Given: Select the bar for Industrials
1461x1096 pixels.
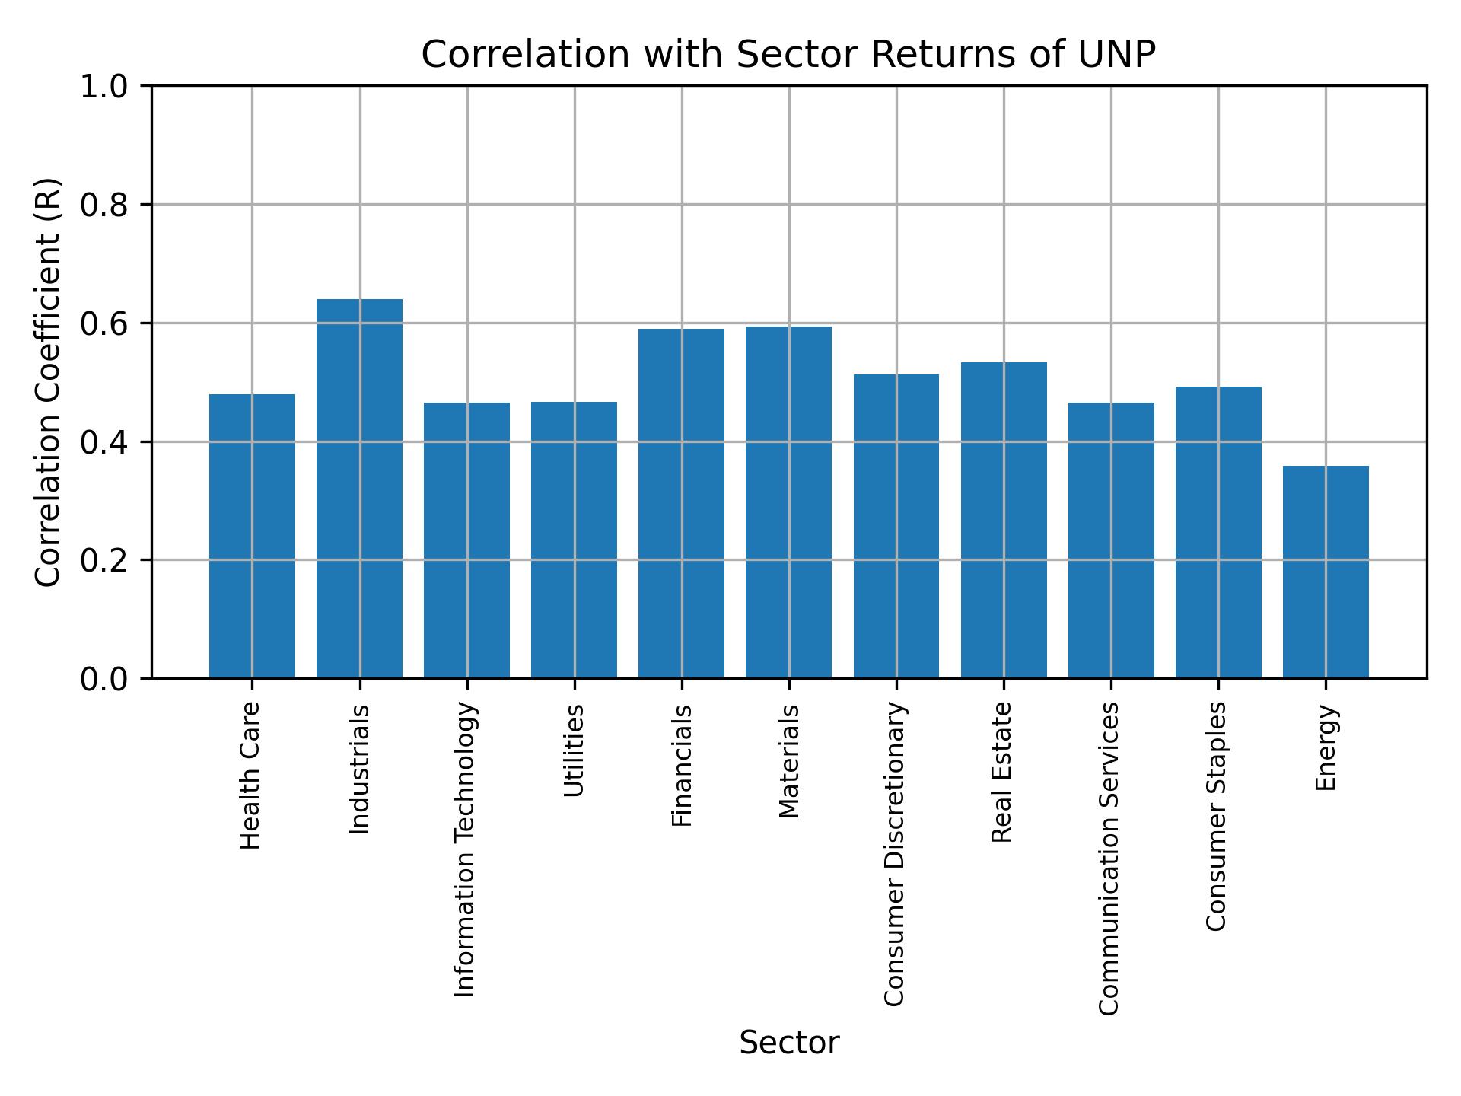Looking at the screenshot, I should (x=359, y=488).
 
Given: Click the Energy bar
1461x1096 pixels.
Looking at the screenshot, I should (x=1326, y=571).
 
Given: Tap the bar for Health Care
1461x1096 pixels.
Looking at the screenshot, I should (x=252, y=536).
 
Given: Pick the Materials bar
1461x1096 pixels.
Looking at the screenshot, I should (x=788, y=502).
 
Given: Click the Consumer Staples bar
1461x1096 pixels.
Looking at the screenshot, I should (x=1218, y=532).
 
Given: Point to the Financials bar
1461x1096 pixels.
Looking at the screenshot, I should (x=681, y=503).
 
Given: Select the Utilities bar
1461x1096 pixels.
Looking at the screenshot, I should (x=574, y=540).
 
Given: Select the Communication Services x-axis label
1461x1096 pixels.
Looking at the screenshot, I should (x=1109, y=858).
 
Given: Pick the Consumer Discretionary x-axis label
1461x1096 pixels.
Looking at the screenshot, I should (x=895, y=854).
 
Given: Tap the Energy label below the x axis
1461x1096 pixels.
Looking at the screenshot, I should (x=1326, y=748).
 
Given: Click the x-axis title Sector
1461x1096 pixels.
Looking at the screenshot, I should (x=789, y=1043).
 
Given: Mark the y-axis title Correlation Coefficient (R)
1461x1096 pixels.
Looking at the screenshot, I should (x=48, y=382).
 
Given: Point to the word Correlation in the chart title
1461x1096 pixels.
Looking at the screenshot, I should (x=525, y=55).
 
